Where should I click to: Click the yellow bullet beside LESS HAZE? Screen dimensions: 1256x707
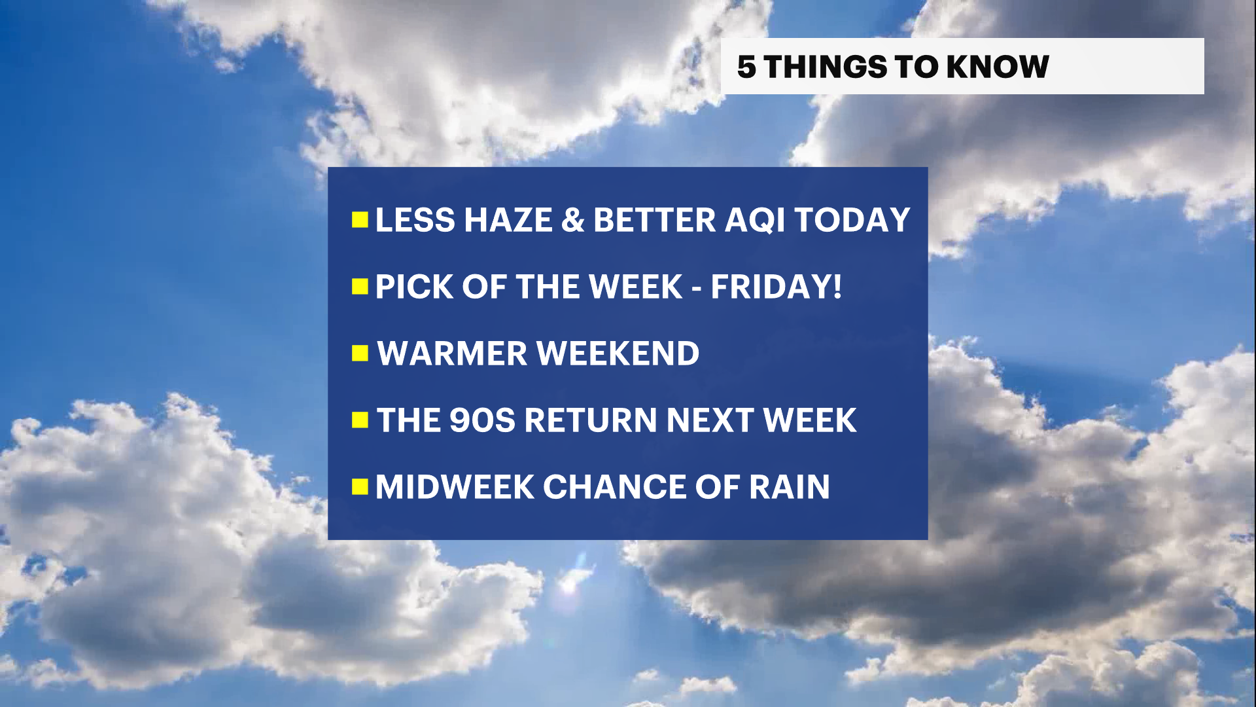[x=360, y=220]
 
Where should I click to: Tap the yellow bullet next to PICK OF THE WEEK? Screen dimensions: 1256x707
[x=360, y=287]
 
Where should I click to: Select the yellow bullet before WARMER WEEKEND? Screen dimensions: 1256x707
[x=360, y=353]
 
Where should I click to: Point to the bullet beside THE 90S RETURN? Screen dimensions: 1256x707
[x=360, y=420]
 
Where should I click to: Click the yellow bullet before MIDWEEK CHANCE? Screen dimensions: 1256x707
[x=360, y=487]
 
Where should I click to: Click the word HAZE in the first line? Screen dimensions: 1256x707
[x=508, y=220]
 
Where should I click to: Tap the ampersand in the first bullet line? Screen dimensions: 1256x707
[x=572, y=220]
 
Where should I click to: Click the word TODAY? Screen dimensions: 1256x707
[x=852, y=220]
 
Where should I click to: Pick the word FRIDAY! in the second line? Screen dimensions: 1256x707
[x=776, y=287]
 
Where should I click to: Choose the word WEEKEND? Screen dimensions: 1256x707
[x=618, y=353]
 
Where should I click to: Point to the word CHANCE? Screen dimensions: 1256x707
[x=614, y=487]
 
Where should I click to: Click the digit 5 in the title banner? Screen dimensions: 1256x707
[x=746, y=67]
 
